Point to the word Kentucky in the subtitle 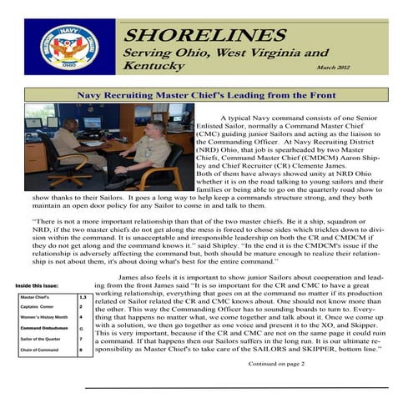(154, 66)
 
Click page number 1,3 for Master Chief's (81, 296)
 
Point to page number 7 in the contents (80, 341)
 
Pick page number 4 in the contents (80, 318)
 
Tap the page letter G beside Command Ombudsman (80, 330)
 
